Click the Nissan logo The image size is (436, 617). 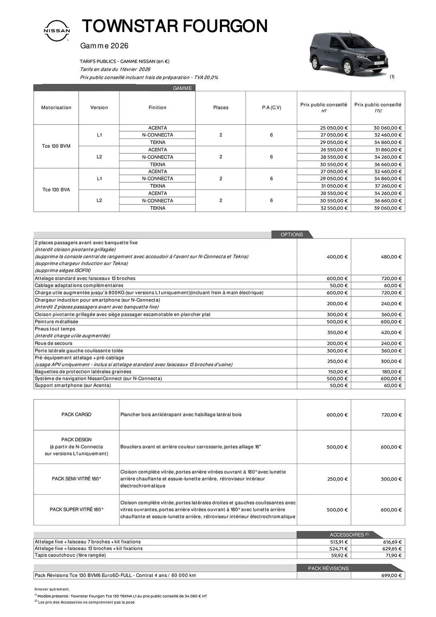[x=57, y=31]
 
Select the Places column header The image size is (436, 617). [x=220, y=108]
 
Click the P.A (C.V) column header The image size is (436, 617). [x=271, y=108]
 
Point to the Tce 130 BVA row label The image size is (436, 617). [x=56, y=190]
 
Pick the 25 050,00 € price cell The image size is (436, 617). [x=334, y=128]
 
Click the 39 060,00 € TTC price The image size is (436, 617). [x=388, y=208]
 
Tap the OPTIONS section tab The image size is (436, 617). [x=291, y=234]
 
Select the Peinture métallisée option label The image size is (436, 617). [x=56, y=321]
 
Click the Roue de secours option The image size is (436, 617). [x=54, y=343]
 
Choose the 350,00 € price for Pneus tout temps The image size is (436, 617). [x=337, y=333]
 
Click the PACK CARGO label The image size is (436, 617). [x=76, y=415]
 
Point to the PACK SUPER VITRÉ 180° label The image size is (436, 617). [x=76, y=510]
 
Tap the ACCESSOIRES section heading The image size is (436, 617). [x=347, y=535]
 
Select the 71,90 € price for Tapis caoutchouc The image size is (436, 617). [x=393, y=555]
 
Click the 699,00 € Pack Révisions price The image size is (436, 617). [x=391, y=575]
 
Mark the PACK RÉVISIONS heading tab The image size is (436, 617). [x=328, y=568]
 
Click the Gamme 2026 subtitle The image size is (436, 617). [x=104, y=46]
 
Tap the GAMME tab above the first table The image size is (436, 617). [x=182, y=88]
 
